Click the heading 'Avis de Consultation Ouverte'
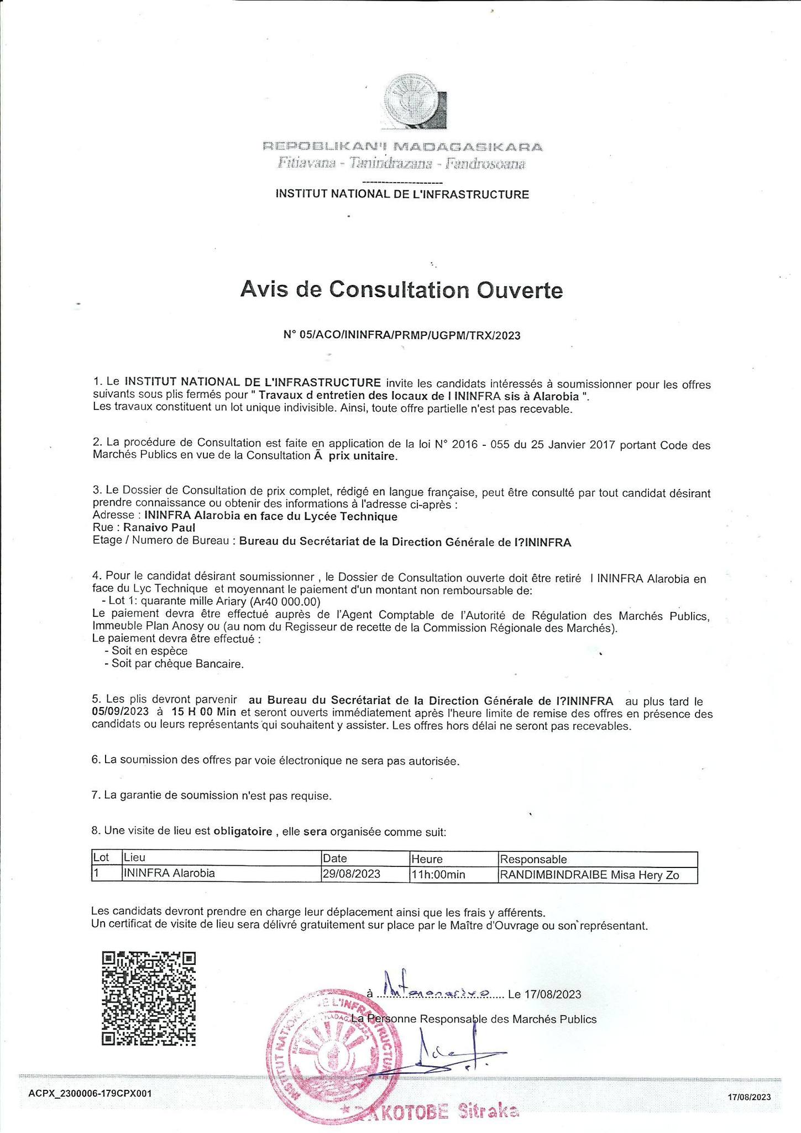[401, 289]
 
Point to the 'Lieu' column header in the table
[134, 859]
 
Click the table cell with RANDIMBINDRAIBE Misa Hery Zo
[589, 875]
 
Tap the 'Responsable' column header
[533, 859]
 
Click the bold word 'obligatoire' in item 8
[243, 831]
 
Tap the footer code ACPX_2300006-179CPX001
[90, 1094]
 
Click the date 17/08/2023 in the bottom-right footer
[748, 1096]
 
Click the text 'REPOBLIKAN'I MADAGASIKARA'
[402, 147]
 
